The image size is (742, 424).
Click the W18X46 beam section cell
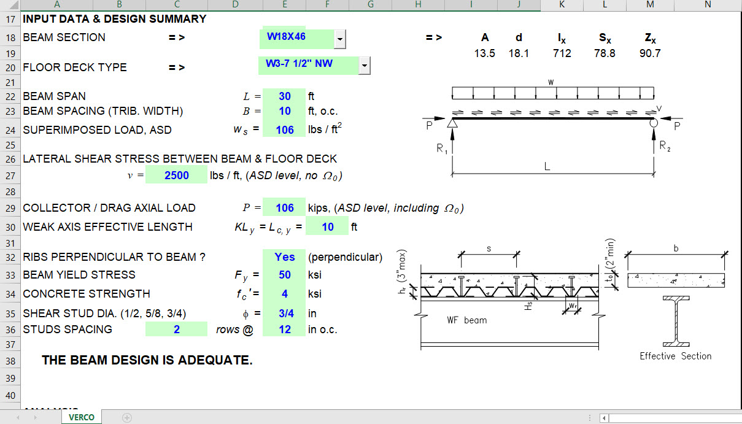pos(296,37)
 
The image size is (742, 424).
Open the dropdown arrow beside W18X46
pos(340,39)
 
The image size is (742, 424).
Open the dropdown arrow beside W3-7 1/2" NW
pos(365,65)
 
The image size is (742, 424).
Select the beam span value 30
pos(284,96)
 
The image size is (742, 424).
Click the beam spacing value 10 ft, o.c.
pos(284,112)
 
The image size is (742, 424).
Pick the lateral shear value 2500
pos(177,175)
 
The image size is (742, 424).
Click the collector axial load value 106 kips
pos(284,208)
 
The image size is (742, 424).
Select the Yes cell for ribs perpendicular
pos(284,257)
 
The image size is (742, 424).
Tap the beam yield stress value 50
pos(284,275)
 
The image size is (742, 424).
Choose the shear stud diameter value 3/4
pos(284,314)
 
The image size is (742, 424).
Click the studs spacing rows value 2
pos(177,330)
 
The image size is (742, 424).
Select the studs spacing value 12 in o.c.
pos(284,330)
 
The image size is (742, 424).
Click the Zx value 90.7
pos(649,53)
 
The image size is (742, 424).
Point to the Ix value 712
pos(562,53)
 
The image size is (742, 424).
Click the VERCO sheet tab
pos(82,417)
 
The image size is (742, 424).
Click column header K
pos(562,5)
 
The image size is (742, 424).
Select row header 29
pos(10,208)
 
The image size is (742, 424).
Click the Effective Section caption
pos(675,357)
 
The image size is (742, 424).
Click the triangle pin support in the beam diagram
pos(452,123)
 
